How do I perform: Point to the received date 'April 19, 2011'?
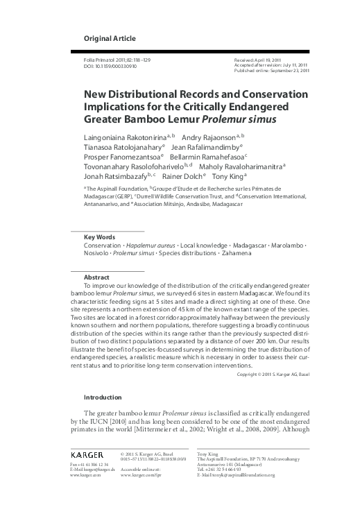coord(276,61)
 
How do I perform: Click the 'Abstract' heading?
coord(96,277)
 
